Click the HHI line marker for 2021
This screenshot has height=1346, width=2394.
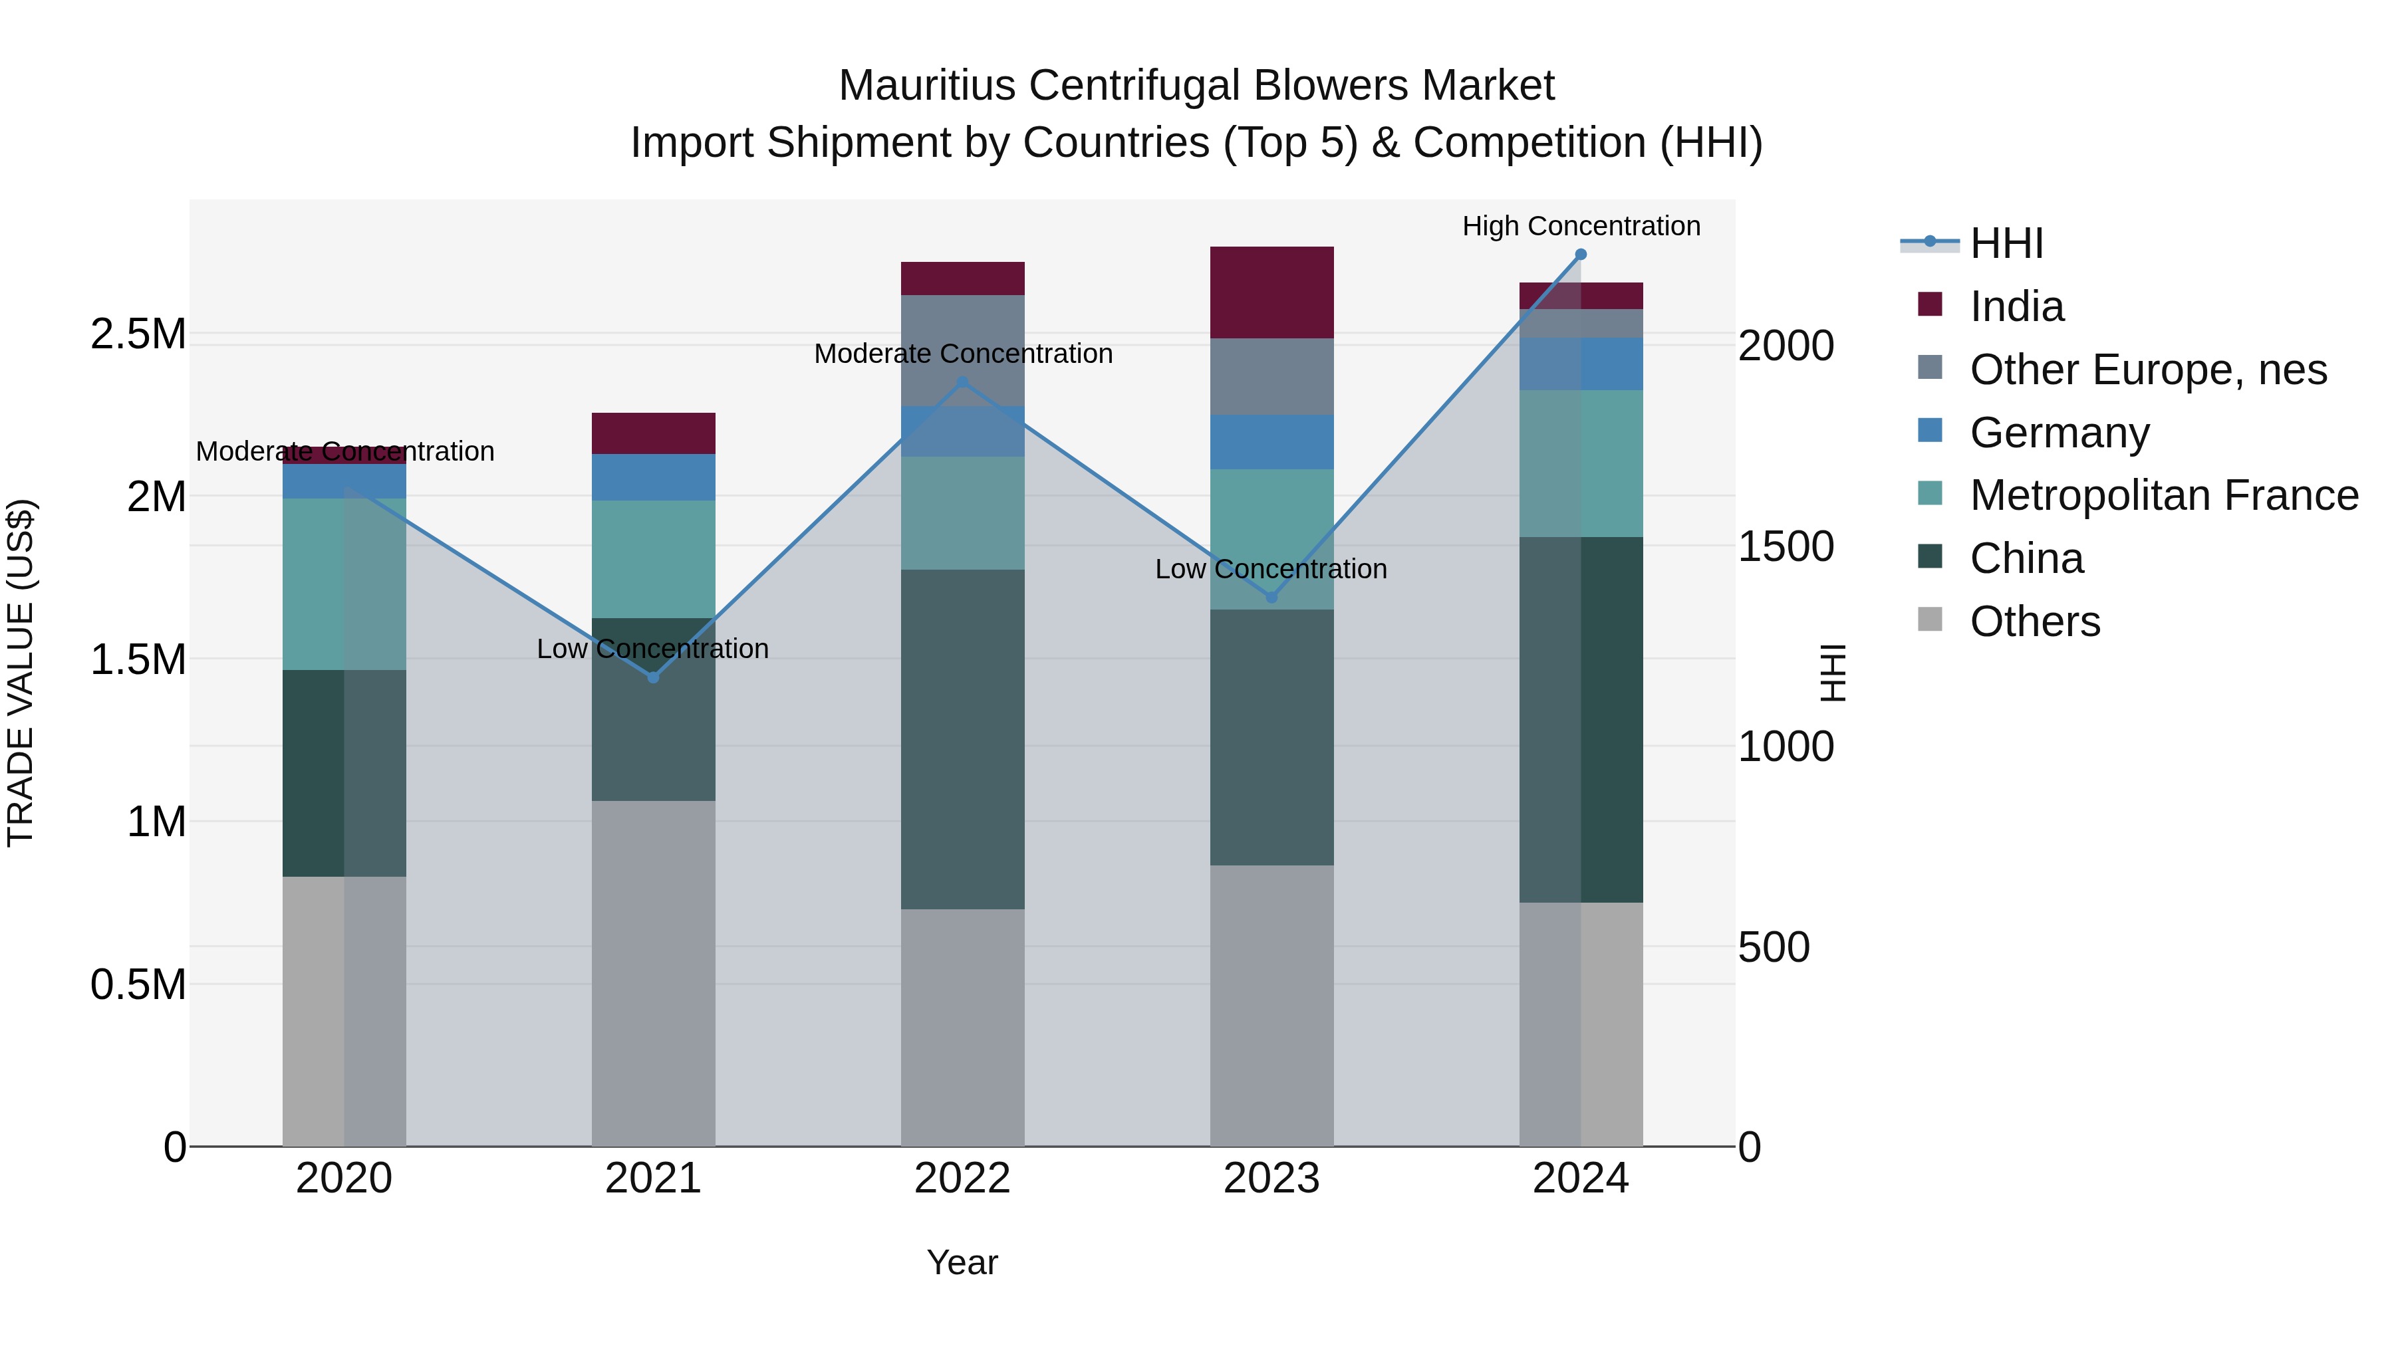click(x=653, y=677)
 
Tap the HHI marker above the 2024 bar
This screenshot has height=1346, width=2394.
click(x=1581, y=255)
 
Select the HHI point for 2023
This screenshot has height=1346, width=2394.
click(x=1272, y=598)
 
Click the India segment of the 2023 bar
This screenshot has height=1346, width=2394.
click(x=1271, y=292)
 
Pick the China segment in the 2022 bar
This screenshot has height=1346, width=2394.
click(x=963, y=738)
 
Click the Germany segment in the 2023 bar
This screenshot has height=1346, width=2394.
click(x=1271, y=442)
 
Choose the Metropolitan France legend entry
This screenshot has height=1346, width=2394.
click(x=2163, y=495)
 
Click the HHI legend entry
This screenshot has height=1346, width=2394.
click(x=2006, y=243)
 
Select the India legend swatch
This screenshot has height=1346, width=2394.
click(x=1930, y=304)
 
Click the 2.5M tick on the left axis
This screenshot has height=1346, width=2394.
click(x=138, y=334)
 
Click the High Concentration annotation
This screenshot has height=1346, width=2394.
click(x=1581, y=226)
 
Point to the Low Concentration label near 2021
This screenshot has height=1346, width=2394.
click(x=652, y=648)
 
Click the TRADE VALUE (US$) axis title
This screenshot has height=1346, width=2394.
click(x=21, y=673)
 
